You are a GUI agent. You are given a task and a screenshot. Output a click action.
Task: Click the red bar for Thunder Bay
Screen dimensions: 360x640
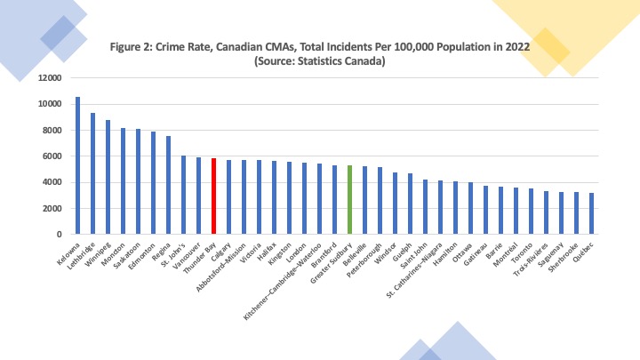214,196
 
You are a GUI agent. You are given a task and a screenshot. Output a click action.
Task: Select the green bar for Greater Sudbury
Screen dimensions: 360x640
350,200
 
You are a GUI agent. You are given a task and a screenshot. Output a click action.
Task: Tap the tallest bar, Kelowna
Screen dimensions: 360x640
78,165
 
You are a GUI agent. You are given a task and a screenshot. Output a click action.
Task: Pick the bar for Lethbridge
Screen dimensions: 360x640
93,173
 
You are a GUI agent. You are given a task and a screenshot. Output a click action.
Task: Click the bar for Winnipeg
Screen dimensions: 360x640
108,177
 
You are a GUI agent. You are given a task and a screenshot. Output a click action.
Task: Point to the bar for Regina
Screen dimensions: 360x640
169,185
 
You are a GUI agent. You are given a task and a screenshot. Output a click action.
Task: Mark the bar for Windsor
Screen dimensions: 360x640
396,204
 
